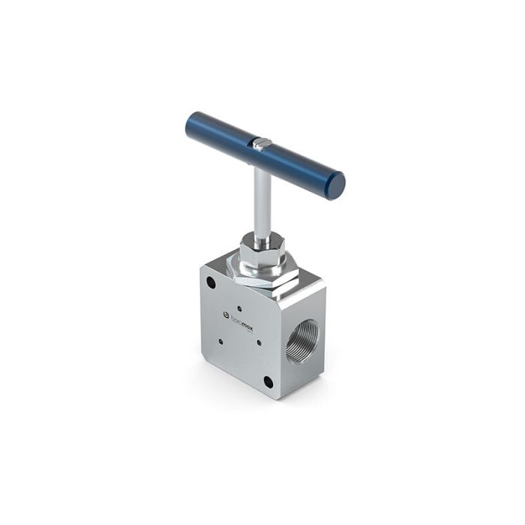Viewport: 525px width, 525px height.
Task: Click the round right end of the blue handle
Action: [x=337, y=185]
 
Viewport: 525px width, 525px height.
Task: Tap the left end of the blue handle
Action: [x=193, y=124]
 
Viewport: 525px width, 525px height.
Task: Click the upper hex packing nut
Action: [x=261, y=249]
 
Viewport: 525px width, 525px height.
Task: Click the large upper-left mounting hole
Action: [x=212, y=283]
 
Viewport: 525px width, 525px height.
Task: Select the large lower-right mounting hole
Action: [x=268, y=381]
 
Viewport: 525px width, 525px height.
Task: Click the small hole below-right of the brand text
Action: [x=259, y=343]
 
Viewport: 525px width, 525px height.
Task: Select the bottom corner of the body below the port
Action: [x=279, y=395]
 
